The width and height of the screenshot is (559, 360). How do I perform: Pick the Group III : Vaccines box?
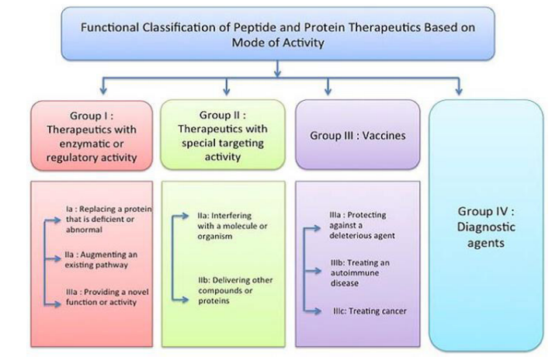[x=357, y=134]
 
